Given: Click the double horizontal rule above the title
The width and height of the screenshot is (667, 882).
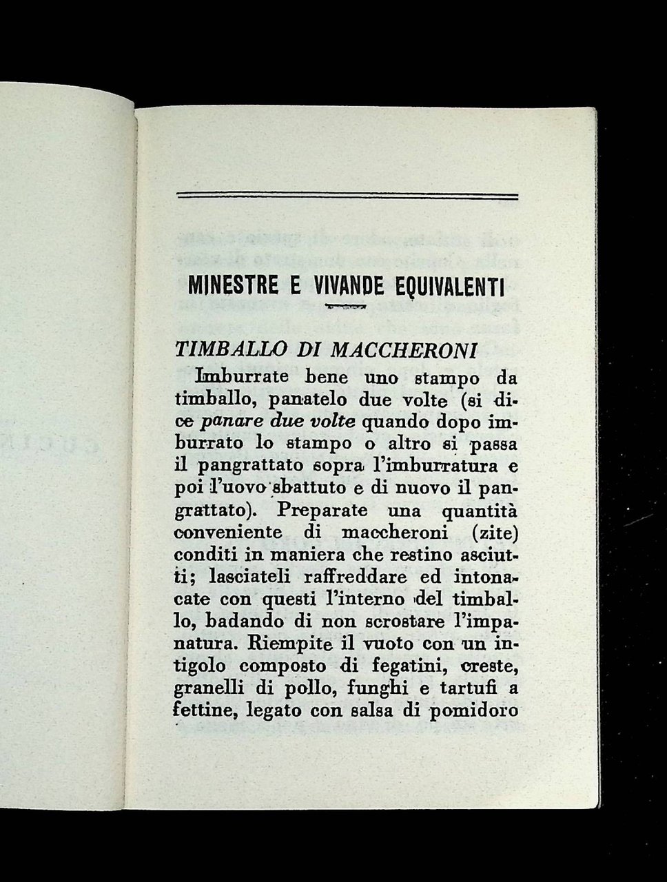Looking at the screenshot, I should tap(347, 196).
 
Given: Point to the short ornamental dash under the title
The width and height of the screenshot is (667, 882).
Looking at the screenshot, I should tap(348, 306).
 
